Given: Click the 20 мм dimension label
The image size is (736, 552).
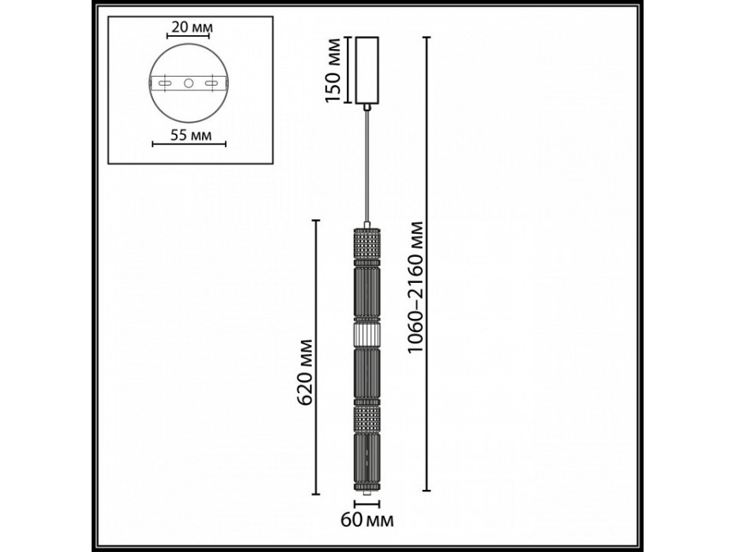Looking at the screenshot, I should click(x=190, y=28).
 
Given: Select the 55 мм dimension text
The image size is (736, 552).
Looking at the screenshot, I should click(x=190, y=136).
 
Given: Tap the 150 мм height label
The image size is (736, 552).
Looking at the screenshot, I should click(x=333, y=70).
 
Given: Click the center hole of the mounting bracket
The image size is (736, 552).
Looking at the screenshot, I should click(x=189, y=83).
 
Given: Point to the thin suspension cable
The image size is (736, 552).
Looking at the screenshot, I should click(x=368, y=164).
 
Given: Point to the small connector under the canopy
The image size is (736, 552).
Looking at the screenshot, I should click(x=368, y=106).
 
